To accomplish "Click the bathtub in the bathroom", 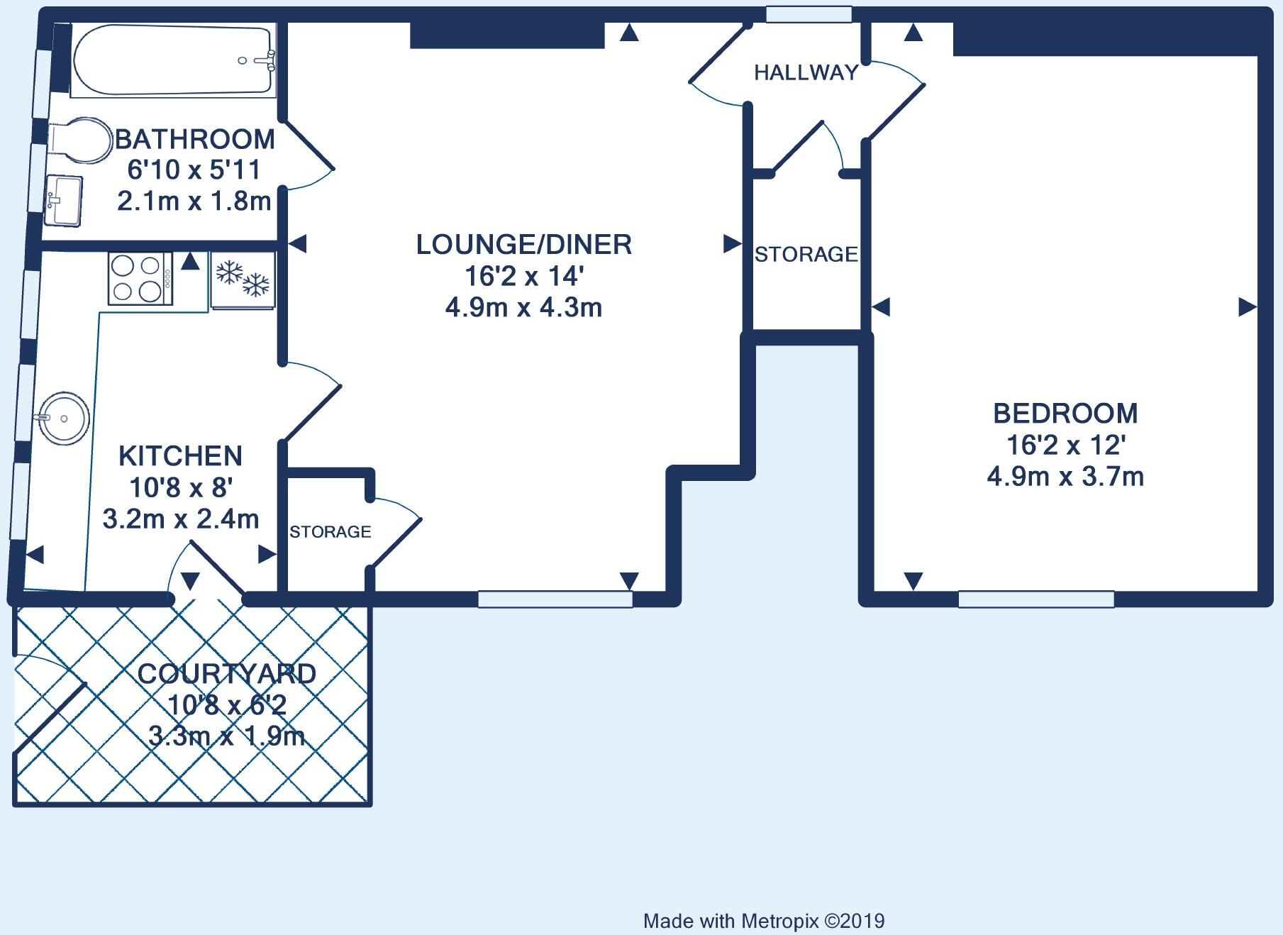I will click(x=174, y=60).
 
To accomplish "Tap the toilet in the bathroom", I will click(x=82, y=139).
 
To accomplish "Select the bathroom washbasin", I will click(x=64, y=201).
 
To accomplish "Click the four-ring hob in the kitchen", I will click(x=140, y=279).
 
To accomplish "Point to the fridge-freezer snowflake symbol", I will click(x=243, y=279).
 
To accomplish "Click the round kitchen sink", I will click(x=64, y=418).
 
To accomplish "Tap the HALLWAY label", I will click(x=806, y=72).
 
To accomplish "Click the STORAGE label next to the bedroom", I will click(x=806, y=254).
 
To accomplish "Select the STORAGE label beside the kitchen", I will click(x=330, y=531).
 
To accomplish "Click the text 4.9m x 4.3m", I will click(x=523, y=308).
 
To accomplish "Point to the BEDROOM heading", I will click(x=1065, y=413).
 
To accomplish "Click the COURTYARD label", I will click(x=227, y=673).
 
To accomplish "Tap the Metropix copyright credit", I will click(x=764, y=921).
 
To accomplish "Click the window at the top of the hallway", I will click(x=809, y=14).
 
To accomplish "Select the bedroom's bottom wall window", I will click(x=1036, y=599).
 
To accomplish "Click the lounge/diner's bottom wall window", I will click(x=555, y=599).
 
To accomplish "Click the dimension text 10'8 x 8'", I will click(x=181, y=487).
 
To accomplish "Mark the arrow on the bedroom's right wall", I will click(x=1247, y=307).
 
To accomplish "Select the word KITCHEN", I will click(x=180, y=455).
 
